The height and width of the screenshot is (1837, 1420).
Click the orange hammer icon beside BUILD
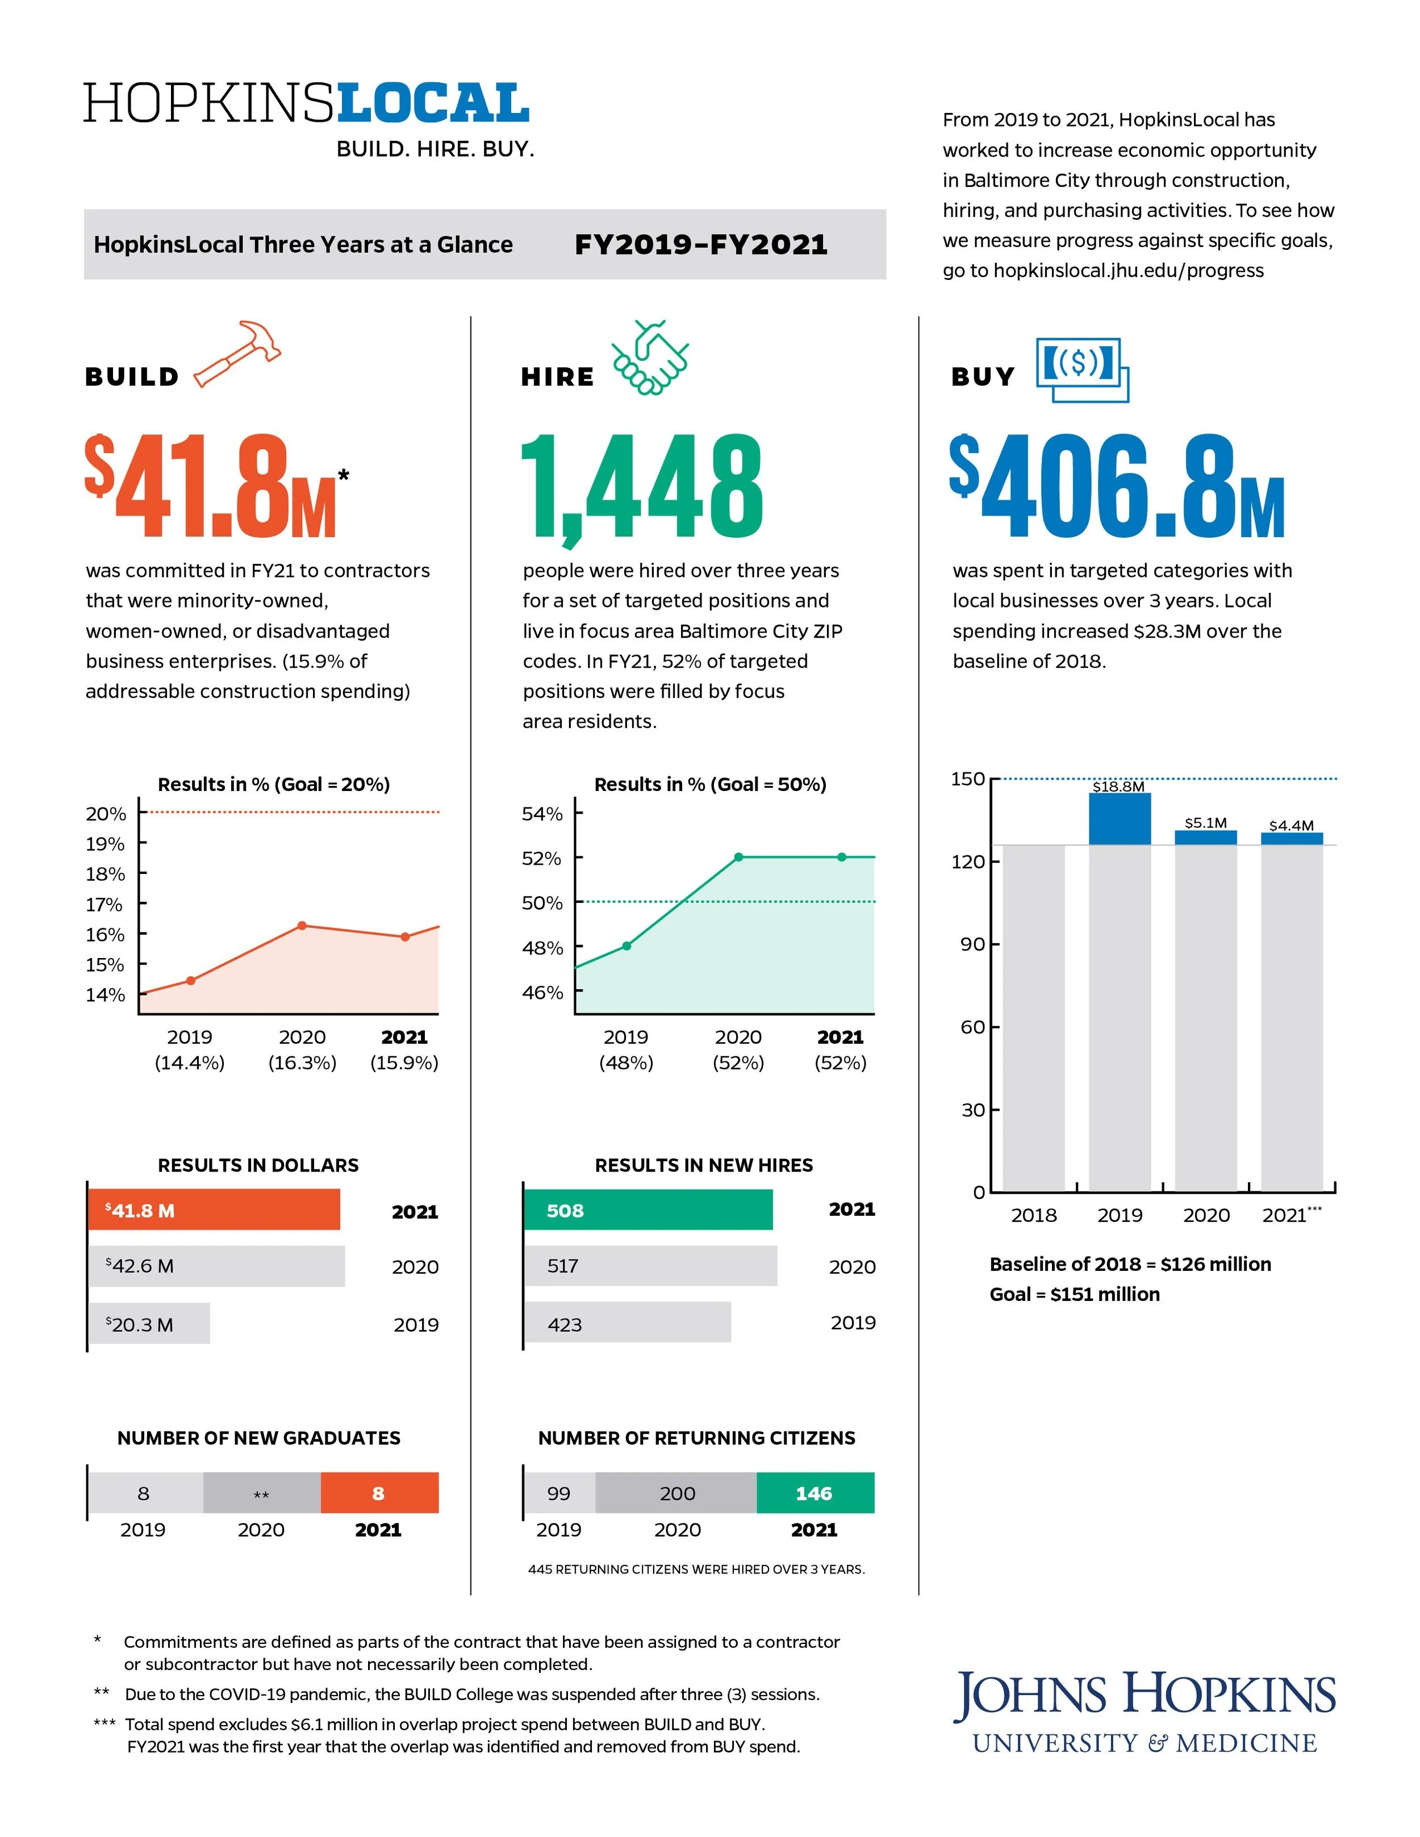[x=238, y=353]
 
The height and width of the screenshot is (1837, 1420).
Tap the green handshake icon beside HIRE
[x=649, y=358]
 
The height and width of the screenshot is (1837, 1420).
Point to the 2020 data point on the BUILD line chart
[x=302, y=925]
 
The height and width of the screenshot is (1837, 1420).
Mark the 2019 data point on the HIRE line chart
[x=626, y=945]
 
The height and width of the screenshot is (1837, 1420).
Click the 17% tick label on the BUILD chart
[x=105, y=904]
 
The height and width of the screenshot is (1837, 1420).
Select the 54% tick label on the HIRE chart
[x=542, y=813]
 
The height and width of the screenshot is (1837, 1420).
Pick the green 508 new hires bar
[x=648, y=1210]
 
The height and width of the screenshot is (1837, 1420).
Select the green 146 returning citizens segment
[x=815, y=1492]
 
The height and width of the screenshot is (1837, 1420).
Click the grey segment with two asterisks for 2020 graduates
[x=262, y=1492]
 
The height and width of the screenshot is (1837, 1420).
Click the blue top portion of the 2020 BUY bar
[x=1205, y=837]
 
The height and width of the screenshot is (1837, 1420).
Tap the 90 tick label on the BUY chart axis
[x=972, y=944]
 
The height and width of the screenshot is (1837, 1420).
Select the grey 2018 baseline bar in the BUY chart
[x=1033, y=1018]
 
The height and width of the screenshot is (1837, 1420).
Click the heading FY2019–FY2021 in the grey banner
[x=701, y=245]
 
